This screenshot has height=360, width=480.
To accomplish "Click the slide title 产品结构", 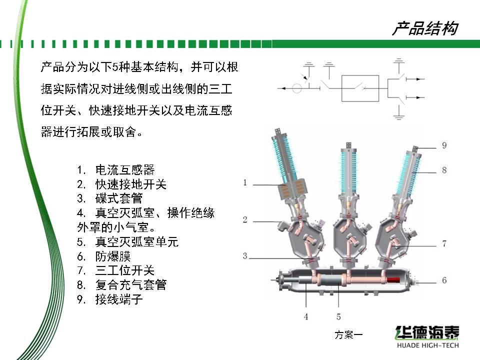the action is pyautogui.click(x=425, y=28).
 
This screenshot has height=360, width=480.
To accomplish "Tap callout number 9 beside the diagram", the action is pyautogui.click(x=444, y=145).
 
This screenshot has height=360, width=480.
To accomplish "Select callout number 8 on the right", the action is pyautogui.click(x=444, y=170).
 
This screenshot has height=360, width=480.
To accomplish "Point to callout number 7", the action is pyautogui.click(x=444, y=243).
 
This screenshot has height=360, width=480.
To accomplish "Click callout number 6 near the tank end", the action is pyautogui.click(x=444, y=280).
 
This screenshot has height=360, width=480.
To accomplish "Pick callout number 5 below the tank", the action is pyautogui.click(x=338, y=317).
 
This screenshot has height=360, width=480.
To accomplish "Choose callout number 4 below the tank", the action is pyautogui.click(x=306, y=317).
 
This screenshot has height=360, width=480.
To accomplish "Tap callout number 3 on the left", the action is pyautogui.click(x=245, y=256).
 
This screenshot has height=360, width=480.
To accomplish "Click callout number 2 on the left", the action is pyautogui.click(x=245, y=219).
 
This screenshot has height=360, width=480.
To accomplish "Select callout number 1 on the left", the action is pyautogui.click(x=245, y=183).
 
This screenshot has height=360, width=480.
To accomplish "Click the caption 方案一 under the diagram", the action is pyautogui.click(x=348, y=335).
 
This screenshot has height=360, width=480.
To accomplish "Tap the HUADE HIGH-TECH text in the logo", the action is pyautogui.click(x=427, y=345).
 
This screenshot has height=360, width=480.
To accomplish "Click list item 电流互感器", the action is pyautogui.click(x=125, y=170).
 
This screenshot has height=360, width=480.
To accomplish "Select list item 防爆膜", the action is pyautogui.click(x=113, y=256).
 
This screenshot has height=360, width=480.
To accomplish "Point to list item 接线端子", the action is pyautogui.click(x=119, y=299).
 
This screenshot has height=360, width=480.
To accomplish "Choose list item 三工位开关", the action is pyautogui.click(x=125, y=270).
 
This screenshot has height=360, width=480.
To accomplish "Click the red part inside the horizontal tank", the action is pyautogui.click(x=393, y=280).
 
